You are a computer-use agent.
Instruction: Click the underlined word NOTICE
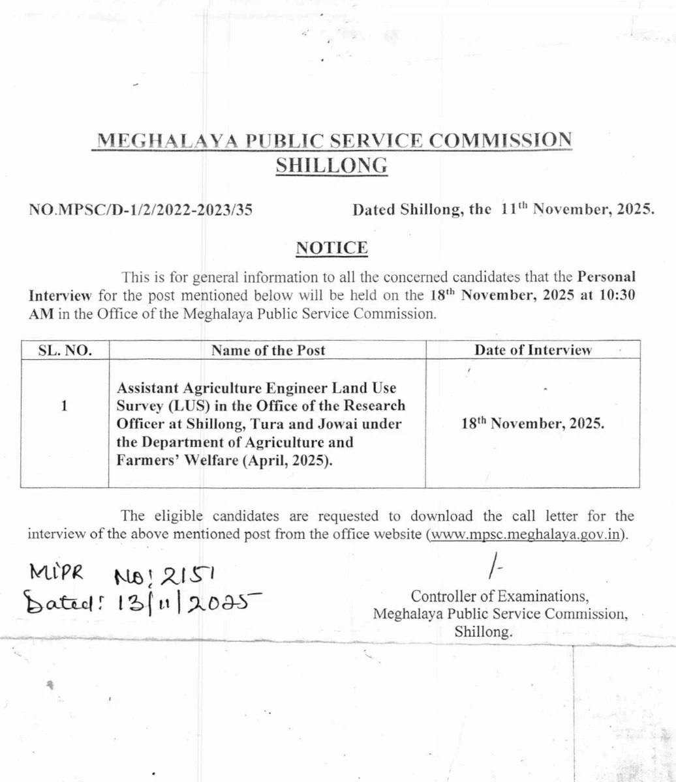pos(332,248)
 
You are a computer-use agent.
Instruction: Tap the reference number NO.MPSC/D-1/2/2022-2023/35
pos(141,210)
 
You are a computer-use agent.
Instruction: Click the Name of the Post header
pos(268,350)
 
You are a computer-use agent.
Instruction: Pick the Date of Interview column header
pos(533,350)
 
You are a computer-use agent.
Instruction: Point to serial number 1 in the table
pos(65,405)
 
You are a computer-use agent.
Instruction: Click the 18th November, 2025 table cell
pos(532,423)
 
